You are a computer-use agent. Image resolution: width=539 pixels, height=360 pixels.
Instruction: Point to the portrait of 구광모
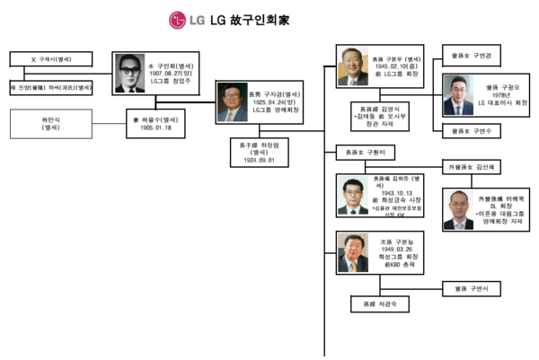point(457,95)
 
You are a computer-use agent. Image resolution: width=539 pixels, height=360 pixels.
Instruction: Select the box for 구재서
point(51,59)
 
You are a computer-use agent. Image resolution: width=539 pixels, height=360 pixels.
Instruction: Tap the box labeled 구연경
point(477,57)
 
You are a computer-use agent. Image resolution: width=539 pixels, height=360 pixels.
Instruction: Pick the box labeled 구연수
point(477,131)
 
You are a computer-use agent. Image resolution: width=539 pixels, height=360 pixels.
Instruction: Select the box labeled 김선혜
point(477,167)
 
